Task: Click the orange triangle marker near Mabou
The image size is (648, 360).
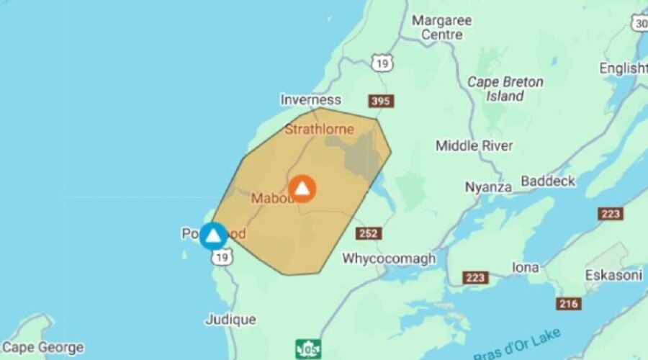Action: coord(302,189)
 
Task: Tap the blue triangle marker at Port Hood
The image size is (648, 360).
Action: coord(213,235)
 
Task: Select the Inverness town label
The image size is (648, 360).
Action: coord(310,99)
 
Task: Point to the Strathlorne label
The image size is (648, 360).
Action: coord(319,130)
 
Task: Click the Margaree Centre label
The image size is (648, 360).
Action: coord(442,27)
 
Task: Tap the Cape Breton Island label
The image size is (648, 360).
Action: coord(505,89)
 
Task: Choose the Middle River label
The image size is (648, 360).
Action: coord(474,146)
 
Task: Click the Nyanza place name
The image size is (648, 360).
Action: coord(488,187)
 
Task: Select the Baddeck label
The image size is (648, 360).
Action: coord(548,181)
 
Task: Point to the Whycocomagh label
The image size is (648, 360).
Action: coord(383,258)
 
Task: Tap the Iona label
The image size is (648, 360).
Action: coord(525,267)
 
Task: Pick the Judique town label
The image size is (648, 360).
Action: coord(230,319)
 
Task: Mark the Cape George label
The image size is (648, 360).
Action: coord(43,348)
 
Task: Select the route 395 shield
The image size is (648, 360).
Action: coord(381,101)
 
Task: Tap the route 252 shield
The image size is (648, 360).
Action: coord(368,233)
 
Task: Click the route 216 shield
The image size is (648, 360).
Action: coord(568,304)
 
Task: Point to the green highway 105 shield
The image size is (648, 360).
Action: coord(308,349)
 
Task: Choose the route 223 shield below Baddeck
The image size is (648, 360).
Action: coord(610,214)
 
